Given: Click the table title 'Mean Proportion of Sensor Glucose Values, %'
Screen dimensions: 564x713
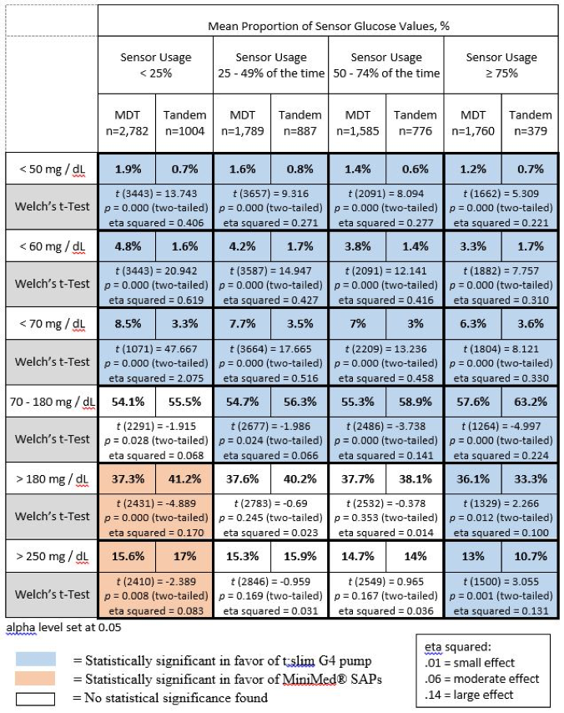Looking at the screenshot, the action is [329, 26].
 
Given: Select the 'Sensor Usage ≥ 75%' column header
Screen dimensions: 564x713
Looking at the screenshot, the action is [501, 65].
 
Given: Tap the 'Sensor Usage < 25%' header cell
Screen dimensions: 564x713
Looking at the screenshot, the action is [155, 65].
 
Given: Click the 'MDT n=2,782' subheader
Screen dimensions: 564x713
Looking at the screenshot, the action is [127, 124].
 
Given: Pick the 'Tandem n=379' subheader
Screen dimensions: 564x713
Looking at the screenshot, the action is [530, 124].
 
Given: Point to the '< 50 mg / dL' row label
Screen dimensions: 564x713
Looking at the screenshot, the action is [52, 169].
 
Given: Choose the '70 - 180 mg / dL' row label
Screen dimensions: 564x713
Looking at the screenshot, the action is [52, 402].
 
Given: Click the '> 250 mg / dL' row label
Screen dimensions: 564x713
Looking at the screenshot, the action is [52, 556].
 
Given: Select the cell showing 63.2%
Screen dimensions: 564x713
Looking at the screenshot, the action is [530, 402].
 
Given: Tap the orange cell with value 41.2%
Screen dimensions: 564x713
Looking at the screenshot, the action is [184, 479].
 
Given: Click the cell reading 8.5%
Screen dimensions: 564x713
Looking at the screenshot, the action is [127, 324].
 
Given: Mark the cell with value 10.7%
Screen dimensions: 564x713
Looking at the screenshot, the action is [530, 556].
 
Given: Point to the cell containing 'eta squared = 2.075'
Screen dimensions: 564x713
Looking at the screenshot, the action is [155, 363].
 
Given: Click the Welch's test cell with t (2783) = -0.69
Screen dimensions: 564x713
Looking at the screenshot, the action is [271, 518].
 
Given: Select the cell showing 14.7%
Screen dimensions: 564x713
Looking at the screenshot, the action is [358, 556].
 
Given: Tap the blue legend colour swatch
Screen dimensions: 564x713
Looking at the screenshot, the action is [35, 659].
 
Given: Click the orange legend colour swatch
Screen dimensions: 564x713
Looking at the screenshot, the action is [35, 678].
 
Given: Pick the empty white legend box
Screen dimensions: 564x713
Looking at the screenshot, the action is [35, 699].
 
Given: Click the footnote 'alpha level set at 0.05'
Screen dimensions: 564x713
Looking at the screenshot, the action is [63, 628].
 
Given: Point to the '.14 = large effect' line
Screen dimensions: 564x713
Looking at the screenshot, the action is [469, 695].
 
